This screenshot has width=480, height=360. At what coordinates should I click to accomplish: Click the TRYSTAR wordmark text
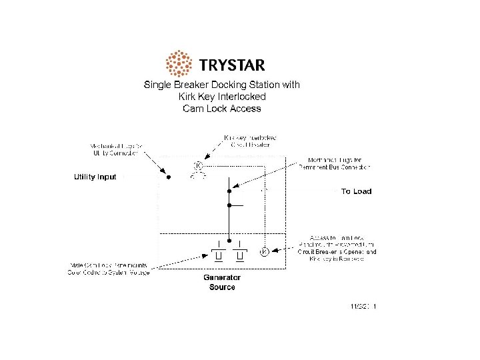point(231,65)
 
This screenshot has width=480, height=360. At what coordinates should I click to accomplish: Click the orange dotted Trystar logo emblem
point(178,64)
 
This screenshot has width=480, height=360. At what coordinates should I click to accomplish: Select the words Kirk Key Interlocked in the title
point(222,97)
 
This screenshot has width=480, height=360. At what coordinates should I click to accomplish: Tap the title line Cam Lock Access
point(222,109)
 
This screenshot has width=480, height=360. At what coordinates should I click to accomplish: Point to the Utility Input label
point(95,177)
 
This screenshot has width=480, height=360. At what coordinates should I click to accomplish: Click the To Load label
point(356,191)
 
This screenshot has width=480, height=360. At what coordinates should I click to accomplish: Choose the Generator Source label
point(222,282)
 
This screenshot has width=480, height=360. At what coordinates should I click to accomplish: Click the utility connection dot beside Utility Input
point(169,177)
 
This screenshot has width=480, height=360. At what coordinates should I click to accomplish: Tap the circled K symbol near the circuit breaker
point(198,165)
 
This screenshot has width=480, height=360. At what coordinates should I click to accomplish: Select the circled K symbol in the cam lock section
point(264,252)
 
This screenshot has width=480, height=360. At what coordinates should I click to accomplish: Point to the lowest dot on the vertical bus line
point(229,241)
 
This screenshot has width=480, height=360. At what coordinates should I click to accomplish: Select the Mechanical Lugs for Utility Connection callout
point(114,149)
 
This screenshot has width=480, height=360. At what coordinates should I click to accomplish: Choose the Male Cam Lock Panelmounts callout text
point(109,268)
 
